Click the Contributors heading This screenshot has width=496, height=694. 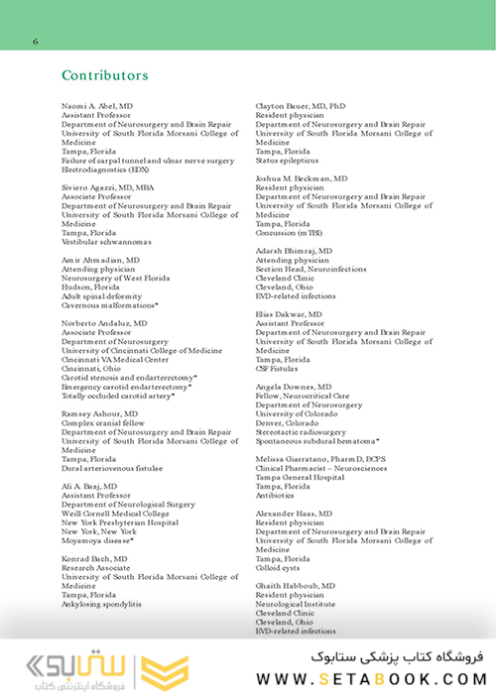tap(105, 75)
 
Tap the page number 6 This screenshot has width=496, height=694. tap(36, 42)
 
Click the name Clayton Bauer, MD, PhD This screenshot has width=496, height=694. tap(301, 104)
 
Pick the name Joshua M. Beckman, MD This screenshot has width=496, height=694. tap(302, 177)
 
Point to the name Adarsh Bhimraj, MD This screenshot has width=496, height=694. tap(295, 252)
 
